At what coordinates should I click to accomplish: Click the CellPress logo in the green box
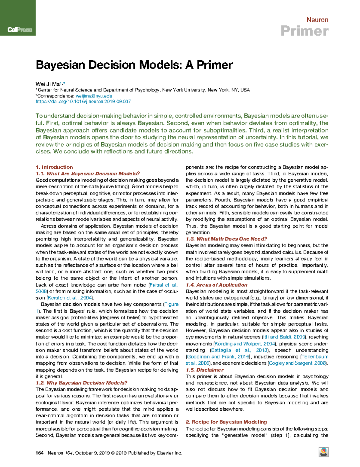pyautogui.click(x=20, y=30)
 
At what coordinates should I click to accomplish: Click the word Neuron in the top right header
pyautogui.click(x=317, y=20)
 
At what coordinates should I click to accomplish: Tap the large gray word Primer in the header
pyautogui.click(x=304, y=31)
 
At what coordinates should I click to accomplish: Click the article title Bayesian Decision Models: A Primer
pyautogui.click(x=134, y=65)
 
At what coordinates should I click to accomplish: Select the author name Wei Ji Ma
pyautogui.click(x=47, y=84)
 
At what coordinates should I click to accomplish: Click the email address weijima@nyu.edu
pyautogui.click(x=94, y=96)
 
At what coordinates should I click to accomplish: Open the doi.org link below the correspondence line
pyautogui.click(x=83, y=102)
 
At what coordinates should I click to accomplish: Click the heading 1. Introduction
pyautogui.click(x=54, y=167)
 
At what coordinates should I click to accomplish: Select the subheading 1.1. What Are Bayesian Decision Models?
pyautogui.click(x=88, y=174)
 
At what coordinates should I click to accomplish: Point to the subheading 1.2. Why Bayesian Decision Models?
pyautogui.click(x=81, y=383)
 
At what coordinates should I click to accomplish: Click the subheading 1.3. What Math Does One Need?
pyautogui.click(x=226, y=239)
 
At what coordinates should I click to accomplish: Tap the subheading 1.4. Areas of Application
pyautogui.click(x=216, y=285)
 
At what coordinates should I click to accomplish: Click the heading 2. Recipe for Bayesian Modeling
pyautogui.click(x=226, y=422)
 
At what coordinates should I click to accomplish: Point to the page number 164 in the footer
pyautogui.click(x=40, y=453)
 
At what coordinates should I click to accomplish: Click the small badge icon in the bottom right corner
pyautogui.click(x=323, y=452)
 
